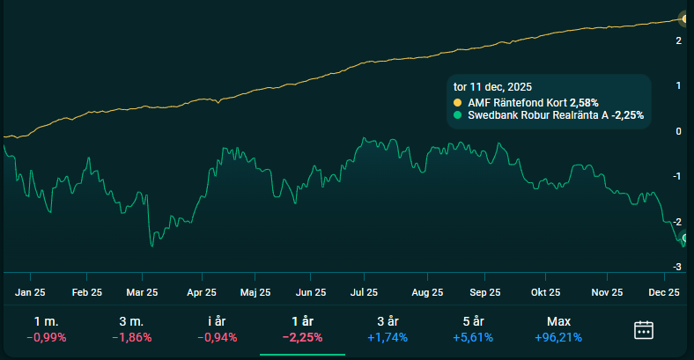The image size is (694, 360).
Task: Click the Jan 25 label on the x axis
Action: coord(30,292)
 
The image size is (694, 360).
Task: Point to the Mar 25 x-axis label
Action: coord(142,292)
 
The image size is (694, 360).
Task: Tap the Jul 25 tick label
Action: coord(364,292)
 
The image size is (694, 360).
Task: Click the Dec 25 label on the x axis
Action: coord(664,292)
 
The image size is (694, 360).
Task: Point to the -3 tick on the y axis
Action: coord(677,267)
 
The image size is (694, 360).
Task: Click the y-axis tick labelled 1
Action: coord(677,85)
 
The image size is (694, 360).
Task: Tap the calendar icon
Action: coord(644,330)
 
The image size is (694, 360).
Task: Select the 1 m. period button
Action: coord(46,322)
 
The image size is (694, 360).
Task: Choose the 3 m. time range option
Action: coord(131,322)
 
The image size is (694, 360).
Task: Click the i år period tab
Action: coord(217,322)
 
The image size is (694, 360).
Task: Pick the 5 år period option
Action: coord(473,322)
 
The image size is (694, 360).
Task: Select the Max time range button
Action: coord(558,322)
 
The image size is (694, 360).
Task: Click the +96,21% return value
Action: coord(558,337)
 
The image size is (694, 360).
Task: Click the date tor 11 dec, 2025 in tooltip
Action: coord(491,87)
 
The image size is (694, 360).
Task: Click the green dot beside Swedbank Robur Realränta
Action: coord(457,115)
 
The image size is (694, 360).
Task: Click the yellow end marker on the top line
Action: coord(686,18)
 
